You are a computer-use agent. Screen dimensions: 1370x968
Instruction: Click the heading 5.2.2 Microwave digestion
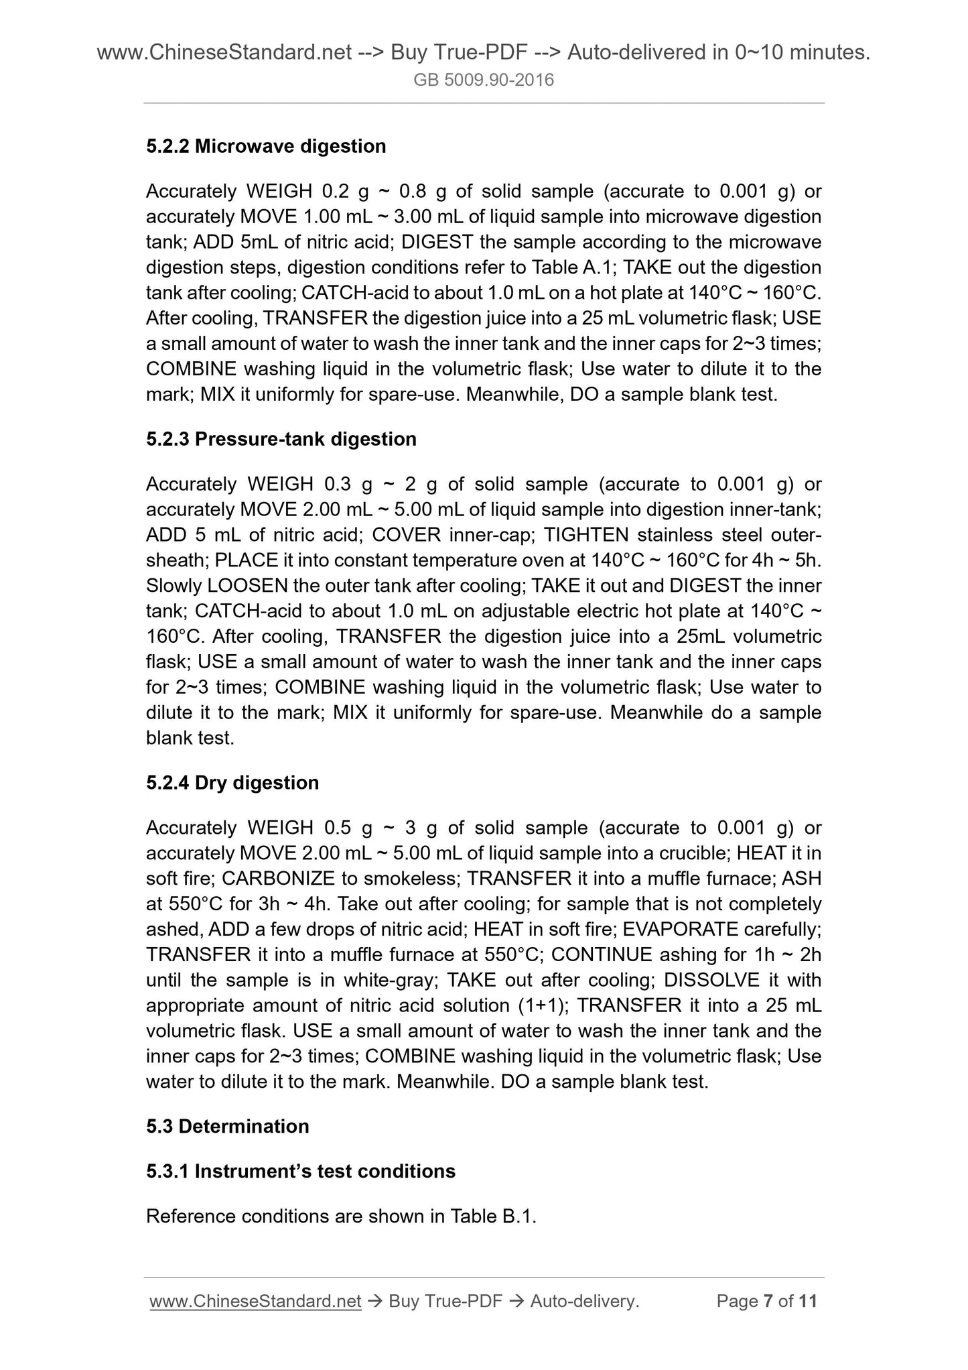266,146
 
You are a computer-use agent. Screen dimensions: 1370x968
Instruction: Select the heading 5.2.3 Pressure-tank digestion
281,439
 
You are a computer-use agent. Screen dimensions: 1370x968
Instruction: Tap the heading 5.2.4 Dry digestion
232,783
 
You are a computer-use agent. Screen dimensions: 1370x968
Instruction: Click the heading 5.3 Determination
228,1126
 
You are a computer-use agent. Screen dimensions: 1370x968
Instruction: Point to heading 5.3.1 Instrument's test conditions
301,1171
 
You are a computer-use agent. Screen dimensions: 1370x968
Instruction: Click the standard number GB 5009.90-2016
484,80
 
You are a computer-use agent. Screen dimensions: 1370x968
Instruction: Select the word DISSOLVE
711,980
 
